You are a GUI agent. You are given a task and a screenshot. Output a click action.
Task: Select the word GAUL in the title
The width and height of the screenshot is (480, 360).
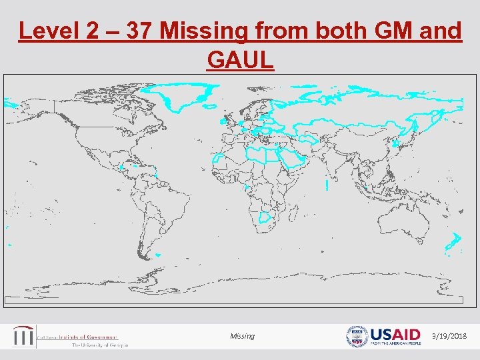241,60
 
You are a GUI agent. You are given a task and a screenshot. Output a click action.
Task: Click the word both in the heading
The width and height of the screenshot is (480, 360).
339,31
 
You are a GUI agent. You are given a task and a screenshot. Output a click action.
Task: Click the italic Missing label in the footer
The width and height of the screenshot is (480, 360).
242,336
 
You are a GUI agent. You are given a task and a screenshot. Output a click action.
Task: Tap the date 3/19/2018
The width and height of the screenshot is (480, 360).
451,336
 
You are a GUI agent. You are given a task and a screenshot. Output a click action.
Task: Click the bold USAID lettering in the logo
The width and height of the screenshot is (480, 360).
395,333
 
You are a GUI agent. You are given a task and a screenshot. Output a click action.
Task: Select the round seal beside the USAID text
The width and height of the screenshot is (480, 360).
357,336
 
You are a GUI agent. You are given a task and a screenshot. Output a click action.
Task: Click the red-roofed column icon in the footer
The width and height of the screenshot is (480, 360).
25,336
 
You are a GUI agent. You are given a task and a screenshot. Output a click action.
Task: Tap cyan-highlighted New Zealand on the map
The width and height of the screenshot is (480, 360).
454,243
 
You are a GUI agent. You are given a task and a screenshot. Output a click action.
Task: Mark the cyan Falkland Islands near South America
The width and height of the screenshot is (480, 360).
157,254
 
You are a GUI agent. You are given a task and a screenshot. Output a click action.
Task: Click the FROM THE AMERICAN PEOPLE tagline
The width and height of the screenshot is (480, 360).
395,343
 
